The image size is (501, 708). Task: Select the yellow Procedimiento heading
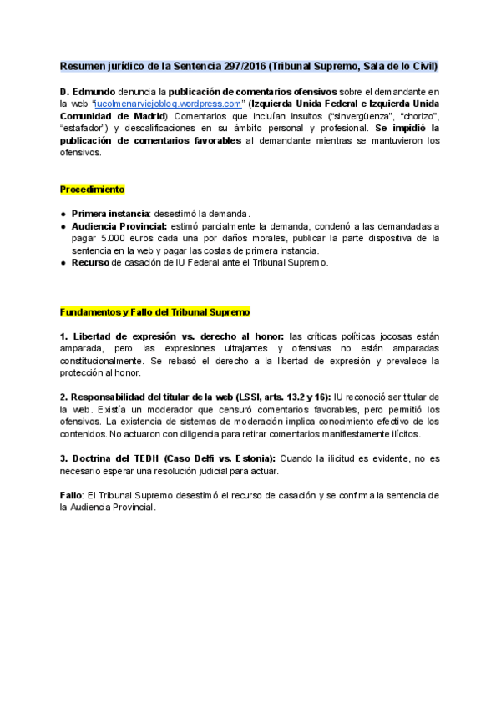(x=92, y=190)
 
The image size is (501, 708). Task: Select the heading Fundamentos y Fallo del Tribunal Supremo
(x=155, y=311)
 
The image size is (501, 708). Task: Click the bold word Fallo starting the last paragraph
(x=70, y=495)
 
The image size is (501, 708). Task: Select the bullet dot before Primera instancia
(x=63, y=215)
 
